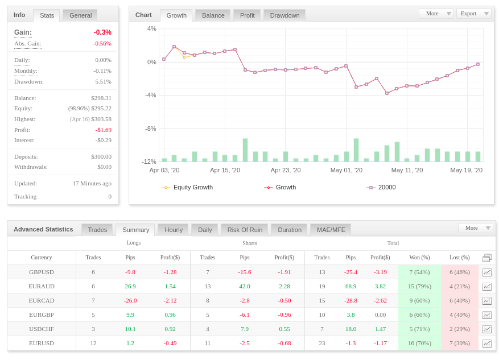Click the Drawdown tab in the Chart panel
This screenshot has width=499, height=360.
pyautogui.click(x=284, y=15)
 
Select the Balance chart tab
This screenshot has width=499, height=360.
pyautogui.click(x=213, y=15)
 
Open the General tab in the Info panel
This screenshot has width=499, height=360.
pyautogui.click(x=80, y=15)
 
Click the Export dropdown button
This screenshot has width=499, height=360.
pyautogui.click(x=474, y=14)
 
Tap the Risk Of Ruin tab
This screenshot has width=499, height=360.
pyautogui.click(x=245, y=230)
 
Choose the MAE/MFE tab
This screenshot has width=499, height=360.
pyautogui.click(x=331, y=230)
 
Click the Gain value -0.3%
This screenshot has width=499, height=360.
pyautogui.click(x=102, y=32)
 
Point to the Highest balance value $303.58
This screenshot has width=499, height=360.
pyautogui.click(x=101, y=119)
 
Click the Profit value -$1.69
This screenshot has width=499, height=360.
pyautogui.click(x=104, y=130)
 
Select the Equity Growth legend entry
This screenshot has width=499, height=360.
pyautogui.click(x=187, y=187)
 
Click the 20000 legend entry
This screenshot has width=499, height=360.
pyautogui.click(x=381, y=187)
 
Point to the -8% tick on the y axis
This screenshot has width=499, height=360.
pyautogui.click(x=151, y=129)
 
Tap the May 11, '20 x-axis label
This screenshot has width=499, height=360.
pyautogui.click(x=407, y=170)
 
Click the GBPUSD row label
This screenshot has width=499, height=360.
pyautogui.click(x=42, y=272)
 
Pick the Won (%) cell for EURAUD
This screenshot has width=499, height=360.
pyautogui.click(x=419, y=286)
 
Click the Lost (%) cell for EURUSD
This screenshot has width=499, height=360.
pyautogui.click(x=460, y=343)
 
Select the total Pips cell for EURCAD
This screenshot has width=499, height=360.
pyautogui.click(x=350, y=300)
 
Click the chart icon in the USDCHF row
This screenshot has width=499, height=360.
pyautogui.click(x=487, y=329)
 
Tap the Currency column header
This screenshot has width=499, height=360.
pyautogui.click(x=42, y=258)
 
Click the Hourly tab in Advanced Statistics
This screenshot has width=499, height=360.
pyautogui.click(x=174, y=230)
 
